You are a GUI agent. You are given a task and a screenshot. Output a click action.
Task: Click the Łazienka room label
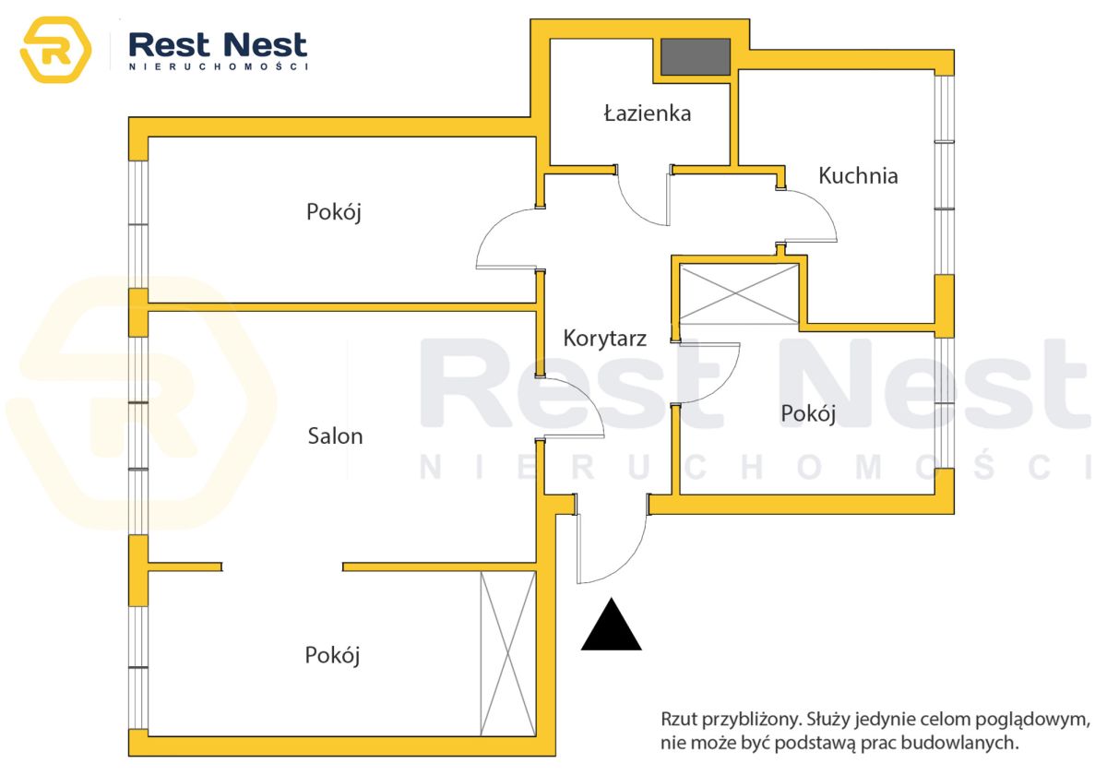point(648,113)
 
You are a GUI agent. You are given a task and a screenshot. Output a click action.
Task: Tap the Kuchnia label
point(858,175)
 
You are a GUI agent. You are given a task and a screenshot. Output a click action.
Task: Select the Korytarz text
point(605,339)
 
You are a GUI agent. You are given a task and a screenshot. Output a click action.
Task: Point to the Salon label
point(335,435)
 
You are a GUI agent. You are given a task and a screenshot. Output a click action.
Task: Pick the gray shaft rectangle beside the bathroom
point(696,57)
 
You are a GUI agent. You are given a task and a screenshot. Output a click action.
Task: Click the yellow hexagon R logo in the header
point(55,50)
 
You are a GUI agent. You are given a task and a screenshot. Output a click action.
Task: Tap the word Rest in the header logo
point(169,45)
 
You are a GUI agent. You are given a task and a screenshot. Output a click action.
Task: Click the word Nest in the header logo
point(266,45)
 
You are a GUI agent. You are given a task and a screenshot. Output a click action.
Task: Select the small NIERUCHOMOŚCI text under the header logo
point(219,66)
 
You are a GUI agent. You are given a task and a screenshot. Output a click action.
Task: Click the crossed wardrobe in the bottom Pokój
point(508,653)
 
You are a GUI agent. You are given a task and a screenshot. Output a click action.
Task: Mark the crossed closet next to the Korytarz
point(739,293)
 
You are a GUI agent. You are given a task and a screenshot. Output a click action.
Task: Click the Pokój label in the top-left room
point(334,212)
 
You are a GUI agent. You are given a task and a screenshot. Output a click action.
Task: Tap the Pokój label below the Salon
point(332,656)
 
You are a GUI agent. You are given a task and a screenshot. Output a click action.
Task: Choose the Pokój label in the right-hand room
point(808,413)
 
